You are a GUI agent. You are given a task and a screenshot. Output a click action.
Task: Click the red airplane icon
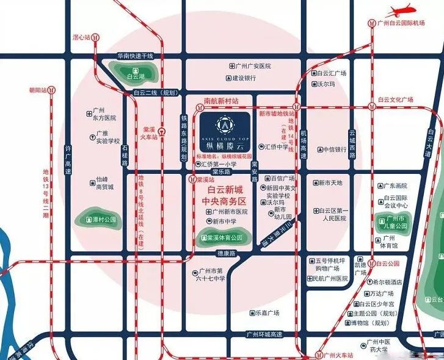[402, 10]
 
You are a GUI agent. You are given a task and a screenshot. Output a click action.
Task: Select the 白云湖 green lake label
[133, 76]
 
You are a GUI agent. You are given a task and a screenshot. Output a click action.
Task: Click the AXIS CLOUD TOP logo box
[224, 132]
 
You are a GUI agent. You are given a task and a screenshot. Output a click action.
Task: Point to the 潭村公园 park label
[98, 220]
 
